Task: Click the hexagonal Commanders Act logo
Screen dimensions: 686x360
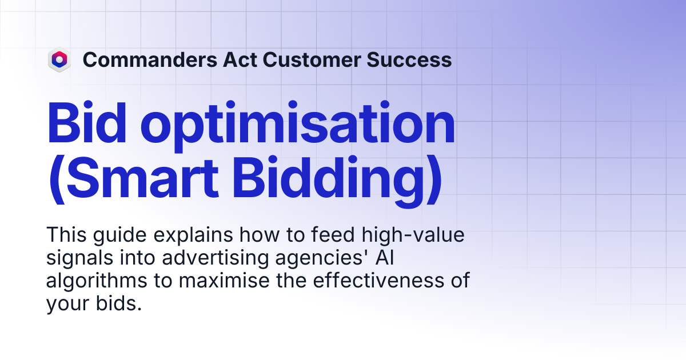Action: (59, 59)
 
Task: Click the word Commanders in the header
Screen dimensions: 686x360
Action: (150, 59)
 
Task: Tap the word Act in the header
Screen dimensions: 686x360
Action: (240, 59)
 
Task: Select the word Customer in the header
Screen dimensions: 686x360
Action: (312, 59)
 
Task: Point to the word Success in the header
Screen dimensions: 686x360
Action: (409, 59)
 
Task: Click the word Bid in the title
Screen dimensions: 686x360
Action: (87, 122)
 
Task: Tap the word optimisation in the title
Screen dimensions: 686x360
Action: (298, 126)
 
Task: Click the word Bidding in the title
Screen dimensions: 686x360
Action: (328, 182)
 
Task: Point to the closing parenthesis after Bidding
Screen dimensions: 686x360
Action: (434, 181)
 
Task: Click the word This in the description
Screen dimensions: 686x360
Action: (66, 235)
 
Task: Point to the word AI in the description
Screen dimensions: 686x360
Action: (385, 258)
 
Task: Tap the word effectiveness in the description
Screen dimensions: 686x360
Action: (378, 280)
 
